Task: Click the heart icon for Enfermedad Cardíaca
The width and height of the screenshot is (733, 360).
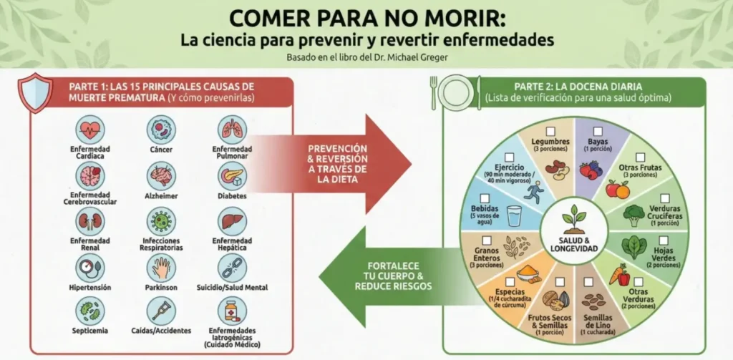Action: (x=91, y=130)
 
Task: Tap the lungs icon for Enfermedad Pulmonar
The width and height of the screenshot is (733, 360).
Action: (x=232, y=130)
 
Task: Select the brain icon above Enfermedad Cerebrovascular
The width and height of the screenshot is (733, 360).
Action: (x=91, y=175)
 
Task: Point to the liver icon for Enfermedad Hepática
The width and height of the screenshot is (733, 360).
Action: (x=232, y=222)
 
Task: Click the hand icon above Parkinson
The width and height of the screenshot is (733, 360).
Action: (x=160, y=268)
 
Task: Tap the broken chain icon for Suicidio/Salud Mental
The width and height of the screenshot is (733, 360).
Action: (x=232, y=268)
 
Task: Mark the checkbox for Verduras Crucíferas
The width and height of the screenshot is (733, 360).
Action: (x=664, y=200)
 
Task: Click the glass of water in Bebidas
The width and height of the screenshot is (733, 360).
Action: (x=515, y=216)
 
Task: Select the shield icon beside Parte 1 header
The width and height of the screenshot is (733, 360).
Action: (x=34, y=94)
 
